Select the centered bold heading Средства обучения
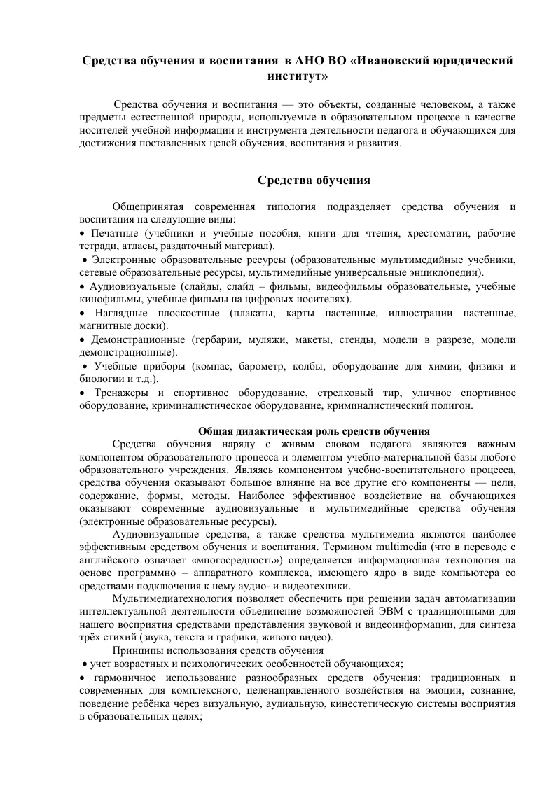(x=314, y=181)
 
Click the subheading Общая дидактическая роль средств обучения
(x=314, y=430)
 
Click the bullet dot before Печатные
(x=83, y=234)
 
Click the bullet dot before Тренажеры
(x=83, y=393)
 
